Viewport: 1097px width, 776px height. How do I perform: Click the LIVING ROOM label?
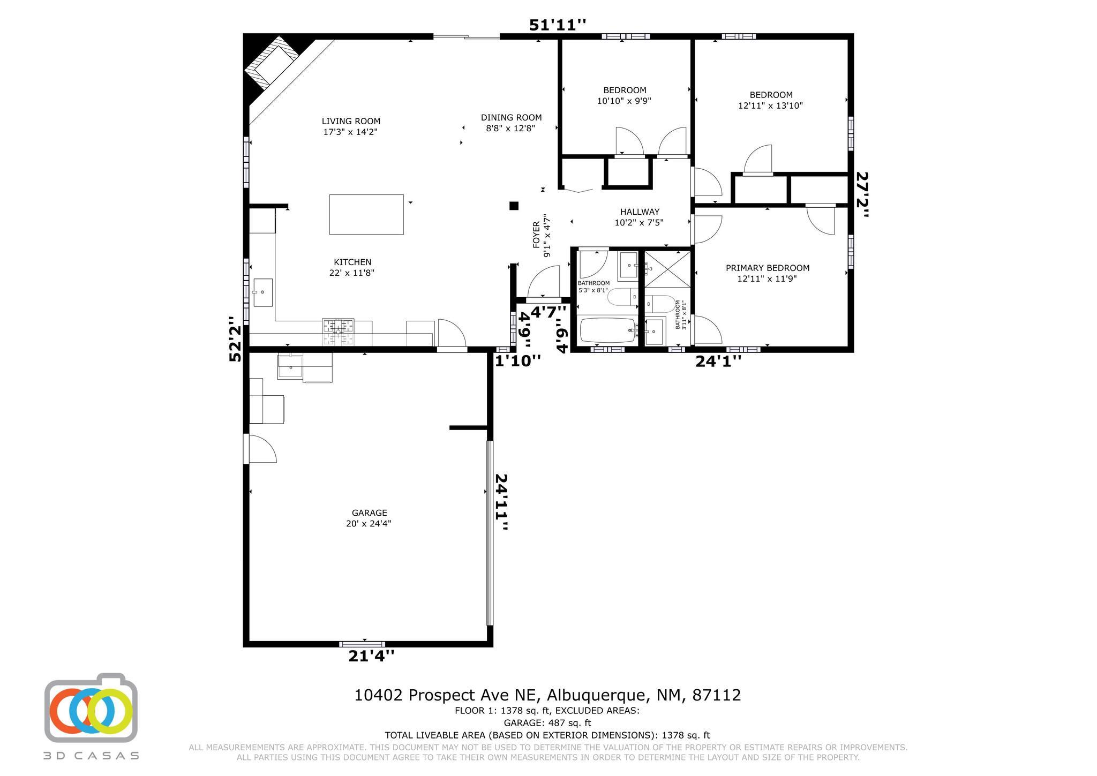[351, 121]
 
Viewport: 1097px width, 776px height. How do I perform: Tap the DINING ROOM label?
[511, 117]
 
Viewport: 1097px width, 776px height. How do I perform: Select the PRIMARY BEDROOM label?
[768, 268]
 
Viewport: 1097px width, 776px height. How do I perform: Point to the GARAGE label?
[369, 513]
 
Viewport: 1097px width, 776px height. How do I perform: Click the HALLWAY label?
[640, 212]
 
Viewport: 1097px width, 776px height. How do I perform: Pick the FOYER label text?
[536, 235]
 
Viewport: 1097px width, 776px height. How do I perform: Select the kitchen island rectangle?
[366, 214]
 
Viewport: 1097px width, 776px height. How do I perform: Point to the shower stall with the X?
[667, 269]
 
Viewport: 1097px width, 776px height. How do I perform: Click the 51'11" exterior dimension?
[558, 25]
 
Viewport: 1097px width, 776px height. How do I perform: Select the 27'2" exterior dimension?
[862, 194]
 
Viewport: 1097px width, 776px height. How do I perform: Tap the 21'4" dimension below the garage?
[371, 656]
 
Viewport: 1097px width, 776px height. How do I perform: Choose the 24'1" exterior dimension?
[718, 361]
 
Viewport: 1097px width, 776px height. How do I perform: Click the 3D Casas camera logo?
[91, 708]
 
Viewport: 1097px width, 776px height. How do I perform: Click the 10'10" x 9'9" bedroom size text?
[624, 101]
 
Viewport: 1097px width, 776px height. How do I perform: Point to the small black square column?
[514, 205]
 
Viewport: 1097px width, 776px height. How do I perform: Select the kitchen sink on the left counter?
[262, 292]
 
